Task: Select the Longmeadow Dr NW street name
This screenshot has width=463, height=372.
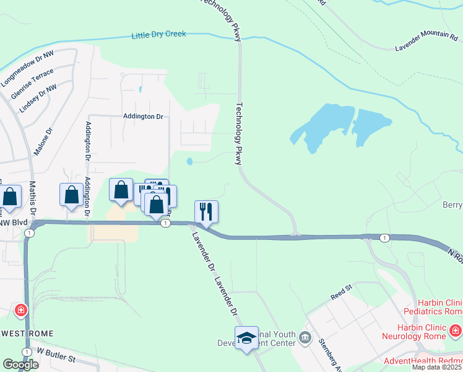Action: [x=28, y=68]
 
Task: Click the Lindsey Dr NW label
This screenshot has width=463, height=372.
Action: [x=38, y=98]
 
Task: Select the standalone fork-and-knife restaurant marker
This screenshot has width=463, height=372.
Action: [x=207, y=211]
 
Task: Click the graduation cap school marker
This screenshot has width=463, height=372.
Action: [x=246, y=337]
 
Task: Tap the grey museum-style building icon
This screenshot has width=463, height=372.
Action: [x=304, y=338]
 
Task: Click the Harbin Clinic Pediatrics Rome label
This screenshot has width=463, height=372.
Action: [x=433, y=306]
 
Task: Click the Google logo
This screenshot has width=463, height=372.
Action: [x=20, y=365]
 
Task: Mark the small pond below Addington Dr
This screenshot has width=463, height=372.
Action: [x=189, y=162]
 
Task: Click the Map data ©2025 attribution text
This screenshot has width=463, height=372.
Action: [x=437, y=367]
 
